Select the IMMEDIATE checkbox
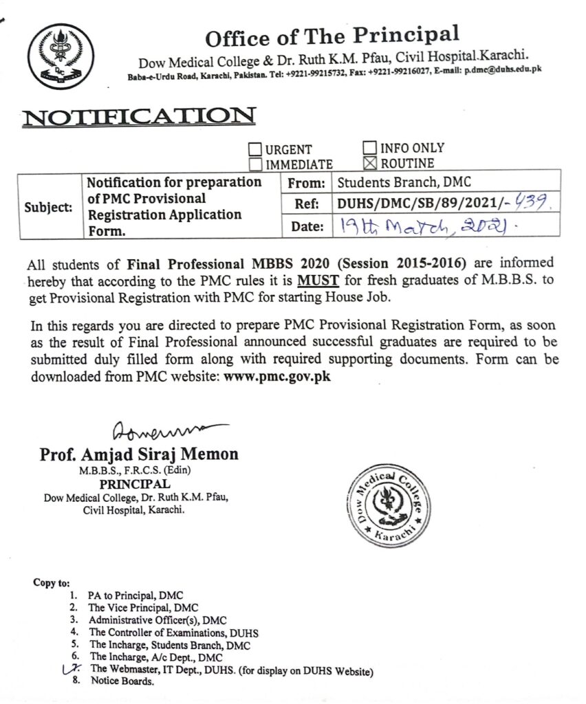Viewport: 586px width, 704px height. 254,164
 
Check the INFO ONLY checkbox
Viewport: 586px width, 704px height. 369,148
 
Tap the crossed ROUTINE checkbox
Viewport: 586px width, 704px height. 369,163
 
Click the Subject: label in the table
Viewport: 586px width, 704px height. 47,207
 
